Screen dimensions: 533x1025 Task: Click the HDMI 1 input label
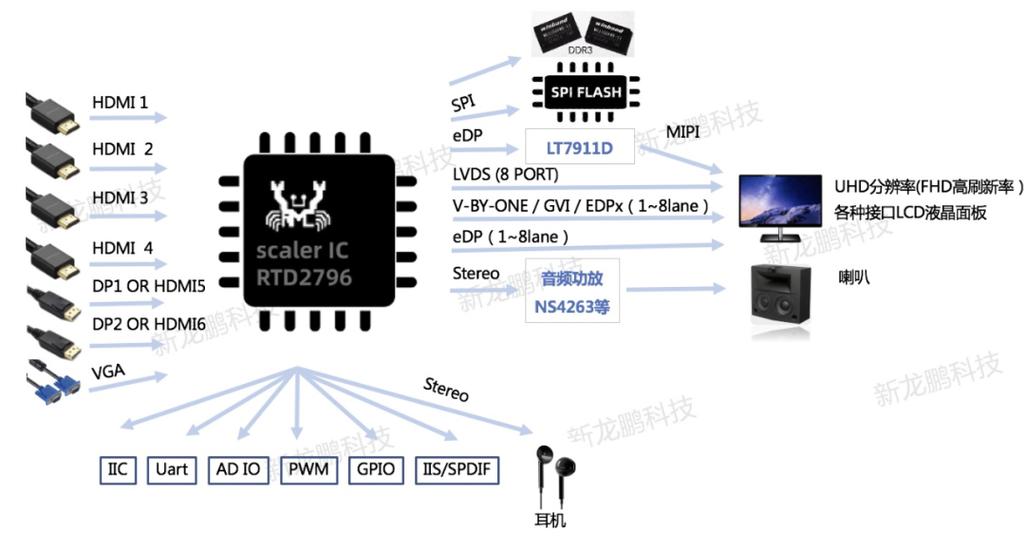pyautogui.click(x=120, y=102)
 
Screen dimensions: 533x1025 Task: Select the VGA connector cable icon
pyautogui.click(x=53, y=382)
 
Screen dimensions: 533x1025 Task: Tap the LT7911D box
pyautogui.click(x=579, y=147)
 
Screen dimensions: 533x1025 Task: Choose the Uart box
pyautogui.click(x=172, y=470)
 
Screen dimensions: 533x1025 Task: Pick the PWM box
pyautogui.click(x=309, y=470)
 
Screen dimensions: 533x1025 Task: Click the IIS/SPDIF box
pyautogui.click(x=457, y=470)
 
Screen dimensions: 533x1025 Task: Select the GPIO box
pyautogui.click(x=376, y=470)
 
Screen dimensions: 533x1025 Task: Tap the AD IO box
pyautogui.click(x=238, y=470)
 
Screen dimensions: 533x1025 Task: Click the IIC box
pyautogui.click(x=118, y=470)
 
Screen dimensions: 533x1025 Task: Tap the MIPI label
pyautogui.click(x=682, y=132)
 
